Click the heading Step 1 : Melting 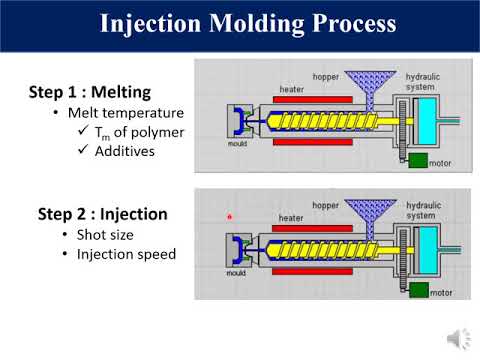point(96,93)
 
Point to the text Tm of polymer point(136,132)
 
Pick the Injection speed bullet point(125,254)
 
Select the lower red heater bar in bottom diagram point(309,273)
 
